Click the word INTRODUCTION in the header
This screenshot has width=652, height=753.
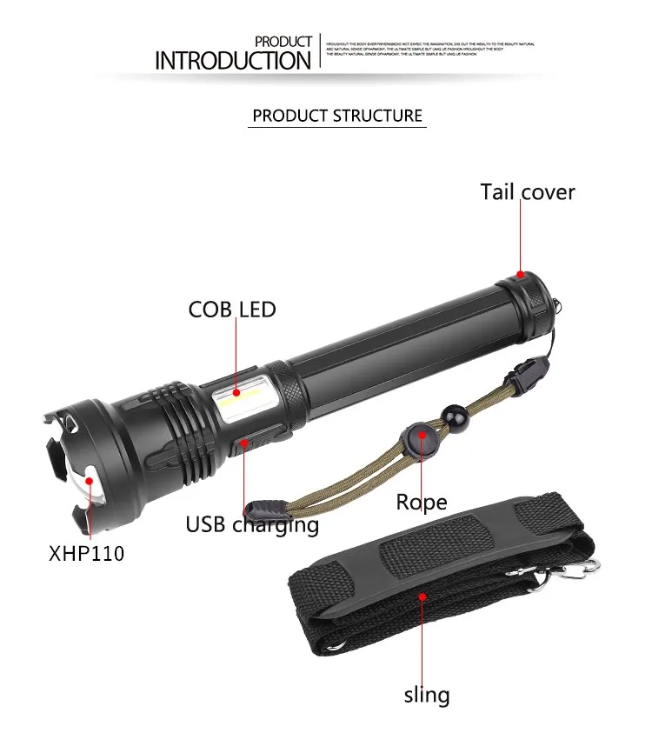point(232,60)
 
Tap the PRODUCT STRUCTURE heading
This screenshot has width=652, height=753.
point(337,116)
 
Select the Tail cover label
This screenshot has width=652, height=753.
point(528,192)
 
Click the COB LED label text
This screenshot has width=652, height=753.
point(232,309)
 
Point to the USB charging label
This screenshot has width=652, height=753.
point(252,525)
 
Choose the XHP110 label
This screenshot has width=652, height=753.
point(86,552)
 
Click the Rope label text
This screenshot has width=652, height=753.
point(422,502)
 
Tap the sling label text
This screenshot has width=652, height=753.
point(426,695)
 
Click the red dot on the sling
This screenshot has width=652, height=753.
point(423,597)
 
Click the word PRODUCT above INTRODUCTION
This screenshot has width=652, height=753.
point(283,41)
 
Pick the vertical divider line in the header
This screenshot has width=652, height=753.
point(321,52)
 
